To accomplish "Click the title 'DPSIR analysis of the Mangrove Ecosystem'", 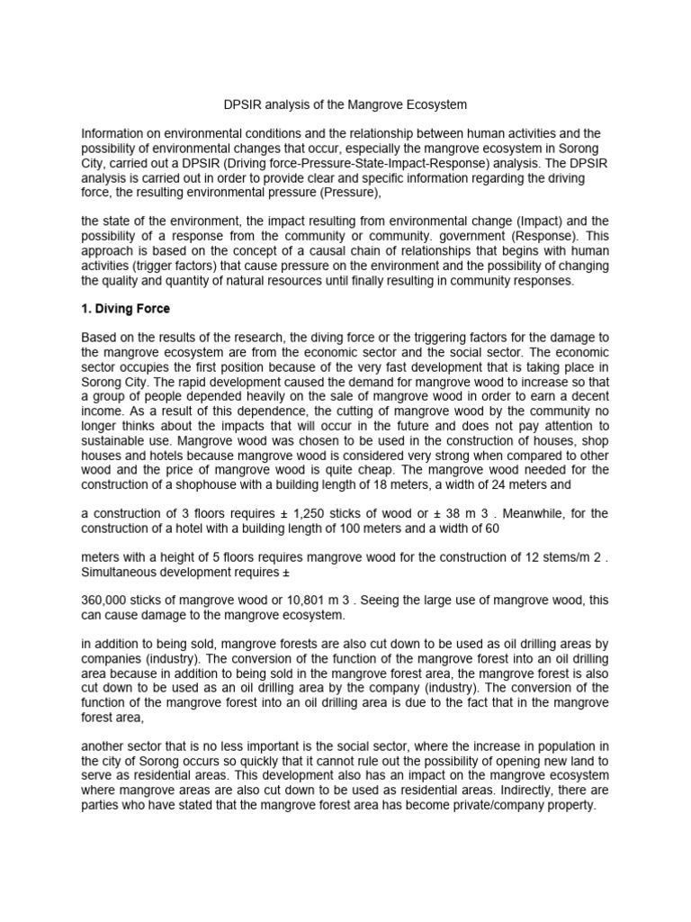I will click(x=345, y=105).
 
